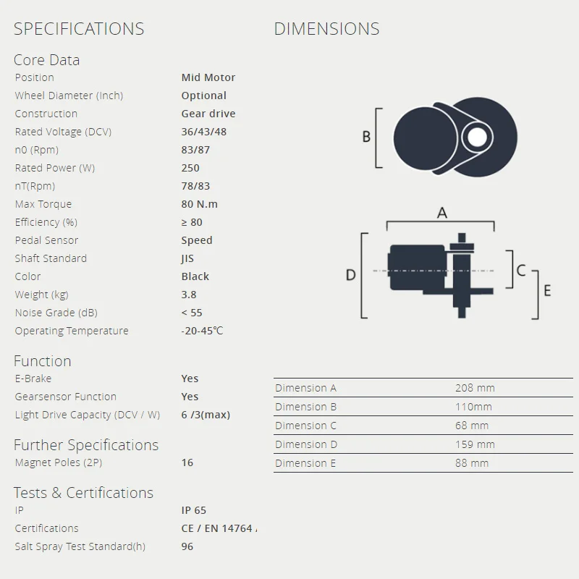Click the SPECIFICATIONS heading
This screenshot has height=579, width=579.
(x=79, y=29)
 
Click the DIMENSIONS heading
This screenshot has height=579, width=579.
(x=326, y=29)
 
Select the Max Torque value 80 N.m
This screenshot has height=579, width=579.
(x=199, y=204)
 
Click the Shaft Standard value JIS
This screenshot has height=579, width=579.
(x=187, y=258)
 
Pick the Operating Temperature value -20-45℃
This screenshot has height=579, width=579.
(x=202, y=331)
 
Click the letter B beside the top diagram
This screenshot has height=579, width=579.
(x=366, y=136)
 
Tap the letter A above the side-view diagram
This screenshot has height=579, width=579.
(x=442, y=213)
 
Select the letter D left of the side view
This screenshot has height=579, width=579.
(x=351, y=275)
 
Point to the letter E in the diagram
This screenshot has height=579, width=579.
(x=547, y=290)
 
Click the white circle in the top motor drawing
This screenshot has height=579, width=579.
(x=476, y=137)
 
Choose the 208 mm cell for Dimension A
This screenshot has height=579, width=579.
(x=475, y=388)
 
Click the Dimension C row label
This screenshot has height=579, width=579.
(x=305, y=426)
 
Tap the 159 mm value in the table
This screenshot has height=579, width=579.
(x=475, y=444)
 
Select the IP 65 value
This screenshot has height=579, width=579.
(x=193, y=510)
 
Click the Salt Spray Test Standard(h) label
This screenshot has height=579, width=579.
(x=80, y=546)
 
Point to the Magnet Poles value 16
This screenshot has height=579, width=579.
(x=187, y=462)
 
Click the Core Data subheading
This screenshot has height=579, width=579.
(x=46, y=60)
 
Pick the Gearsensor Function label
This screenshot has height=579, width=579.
(x=65, y=397)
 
